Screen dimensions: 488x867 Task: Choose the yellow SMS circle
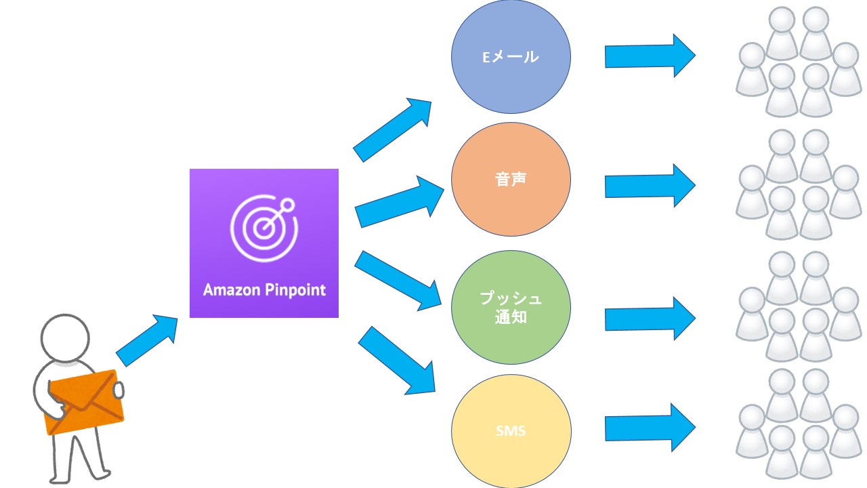511,430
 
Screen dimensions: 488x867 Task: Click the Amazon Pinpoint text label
264,290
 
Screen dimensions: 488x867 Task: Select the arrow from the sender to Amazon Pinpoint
146,340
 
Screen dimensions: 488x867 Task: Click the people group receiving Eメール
799,61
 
